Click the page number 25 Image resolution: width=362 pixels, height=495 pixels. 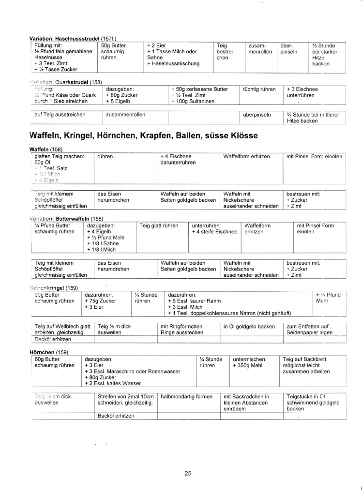pyautogui.click(x=188, y=473)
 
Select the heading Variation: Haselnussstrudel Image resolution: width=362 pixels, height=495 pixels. pyautogui.click(x=63, y=38)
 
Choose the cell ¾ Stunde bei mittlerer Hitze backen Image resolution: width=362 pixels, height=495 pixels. pyautogui.click(x=314, y=118)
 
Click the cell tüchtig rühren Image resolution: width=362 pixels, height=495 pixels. pyautogui.click(x=259, y=90)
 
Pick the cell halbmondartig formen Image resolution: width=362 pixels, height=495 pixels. pyautogui.click(x=186, y=396)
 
